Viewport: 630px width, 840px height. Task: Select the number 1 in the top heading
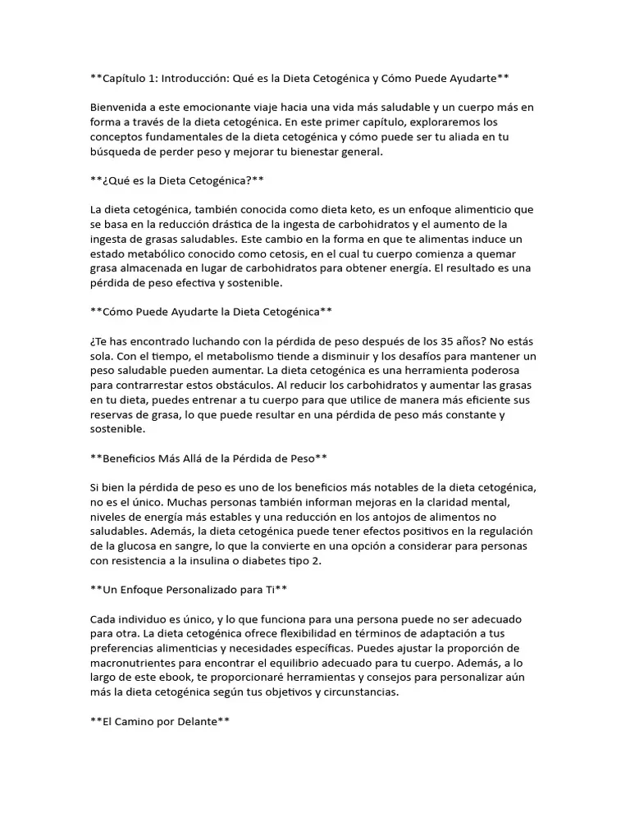click(154, 78)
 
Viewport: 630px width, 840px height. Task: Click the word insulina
click(220, 561)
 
